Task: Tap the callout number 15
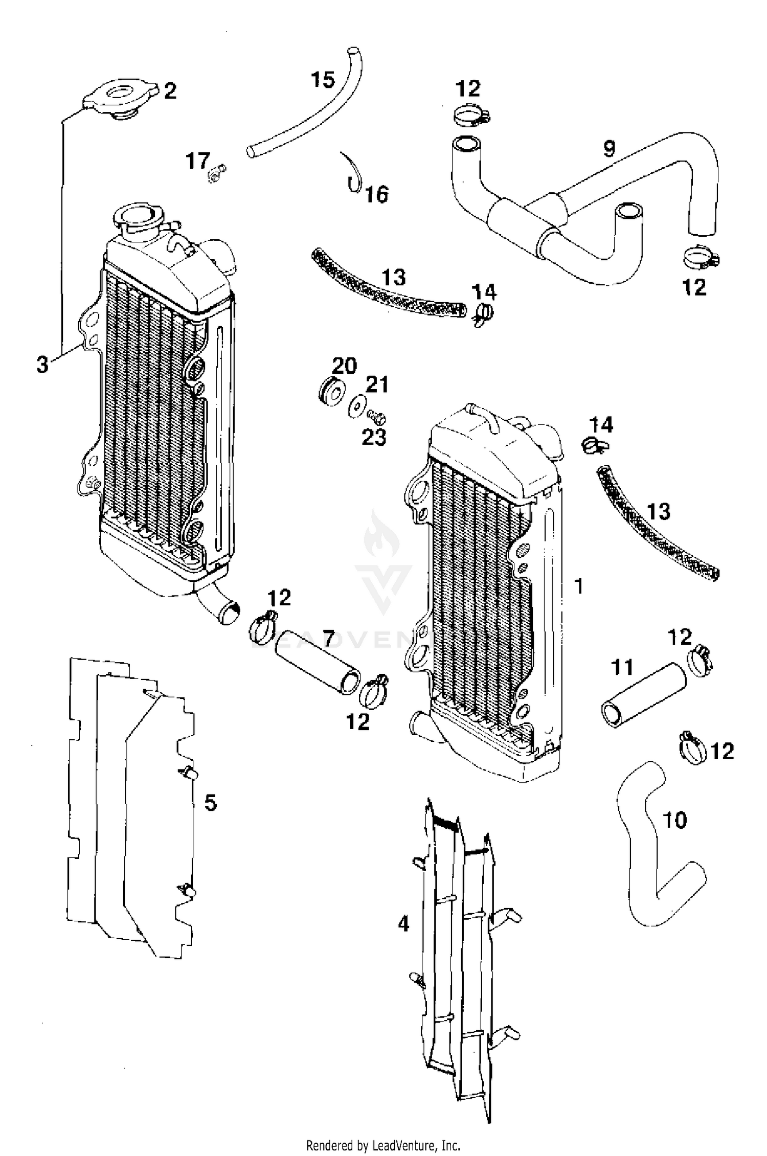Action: [x=323, y=80]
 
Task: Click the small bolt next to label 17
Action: [x=216, y=173]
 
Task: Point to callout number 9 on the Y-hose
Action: [x=608, y=149]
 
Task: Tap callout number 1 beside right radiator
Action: [x=579, y=586]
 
